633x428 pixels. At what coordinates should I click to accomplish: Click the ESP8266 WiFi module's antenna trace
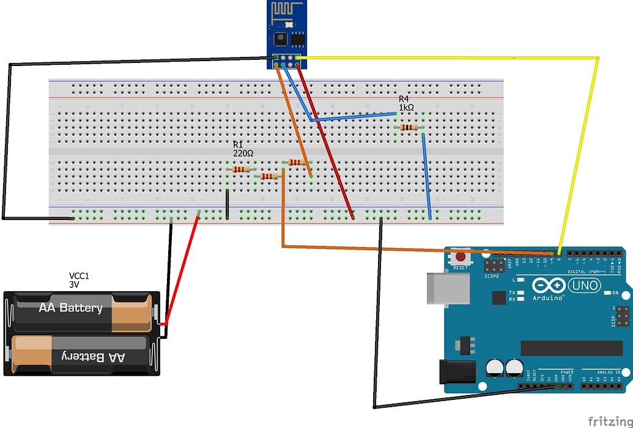286,10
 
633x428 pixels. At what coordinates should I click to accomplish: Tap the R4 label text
404,98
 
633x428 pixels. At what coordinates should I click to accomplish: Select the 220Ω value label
243,153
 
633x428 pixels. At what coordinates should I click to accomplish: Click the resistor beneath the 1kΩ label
409,127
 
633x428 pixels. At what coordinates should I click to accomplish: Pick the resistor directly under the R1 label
241,169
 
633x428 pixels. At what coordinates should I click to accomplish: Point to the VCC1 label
80,276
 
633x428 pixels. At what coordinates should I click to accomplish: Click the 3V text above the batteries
74,284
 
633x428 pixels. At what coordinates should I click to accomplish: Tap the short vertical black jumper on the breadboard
227,204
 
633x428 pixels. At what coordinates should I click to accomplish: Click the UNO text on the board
585,286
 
